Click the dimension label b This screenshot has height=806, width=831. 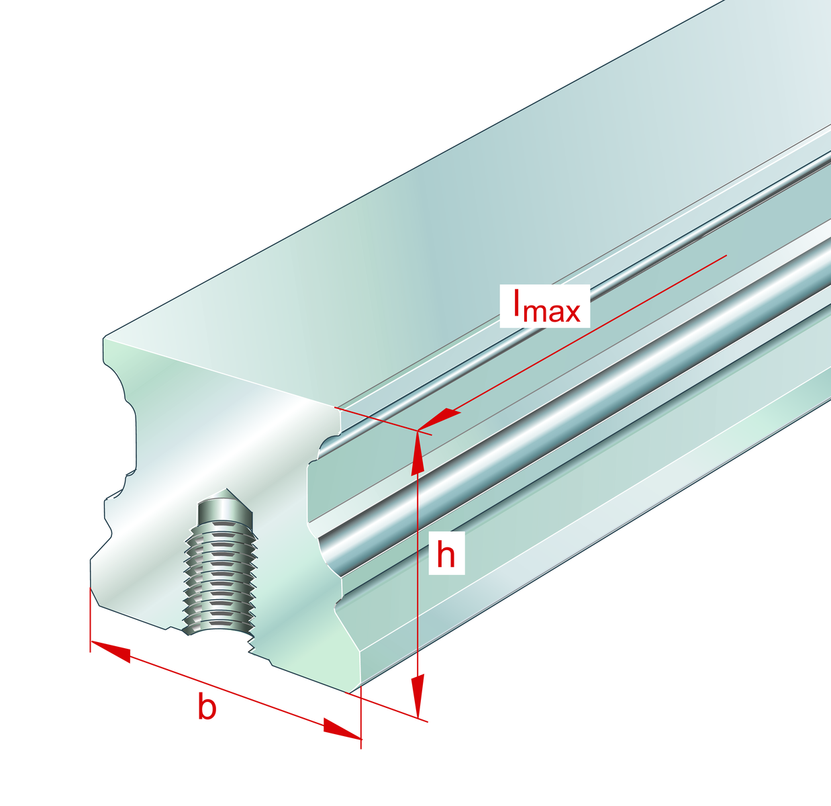[207, 708]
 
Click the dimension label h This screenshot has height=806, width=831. [446, 555]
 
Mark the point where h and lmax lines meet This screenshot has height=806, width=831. [418, 430]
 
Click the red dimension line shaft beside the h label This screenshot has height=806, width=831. [418, 604]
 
